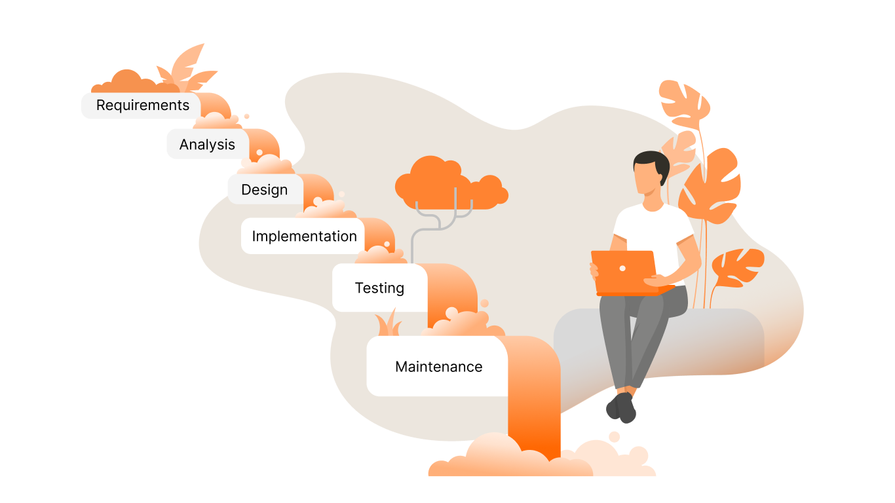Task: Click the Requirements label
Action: pos(142,105)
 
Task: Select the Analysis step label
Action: pos(207,145)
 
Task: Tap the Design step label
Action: pos(265,190)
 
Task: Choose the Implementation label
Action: pos(304,236)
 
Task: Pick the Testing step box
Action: pos(379,288)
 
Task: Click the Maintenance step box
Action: pos(438,367)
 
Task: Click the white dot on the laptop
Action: pos(622,268)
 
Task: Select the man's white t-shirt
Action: pos(652,229)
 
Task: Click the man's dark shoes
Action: pos(622,407)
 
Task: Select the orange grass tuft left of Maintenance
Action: pos(387,324)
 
